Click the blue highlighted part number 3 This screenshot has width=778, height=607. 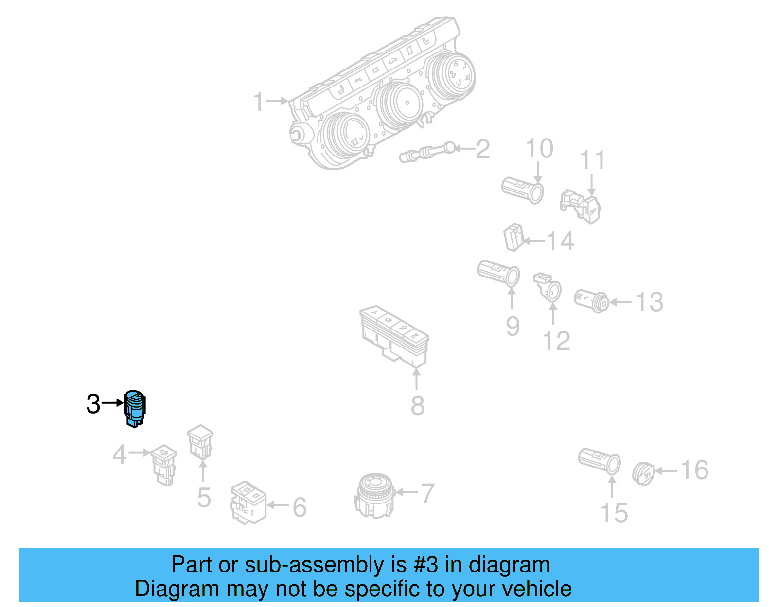point(135,408)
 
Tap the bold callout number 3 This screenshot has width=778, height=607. point(93,404)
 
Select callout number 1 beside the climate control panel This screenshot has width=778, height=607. point(259,102)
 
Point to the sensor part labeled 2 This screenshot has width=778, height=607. point(428,151)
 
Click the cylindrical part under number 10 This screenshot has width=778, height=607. point(522,190)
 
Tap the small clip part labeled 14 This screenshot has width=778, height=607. point(513,237)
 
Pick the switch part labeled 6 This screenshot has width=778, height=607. point(248,503)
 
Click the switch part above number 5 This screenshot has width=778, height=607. point(200,442)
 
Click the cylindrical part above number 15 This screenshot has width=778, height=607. point(599,461)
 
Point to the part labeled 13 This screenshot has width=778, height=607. point(591,301)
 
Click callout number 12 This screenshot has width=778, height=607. point(556,341)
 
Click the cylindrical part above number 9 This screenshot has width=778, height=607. point(498,273)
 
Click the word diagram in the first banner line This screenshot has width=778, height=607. point(509,565)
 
